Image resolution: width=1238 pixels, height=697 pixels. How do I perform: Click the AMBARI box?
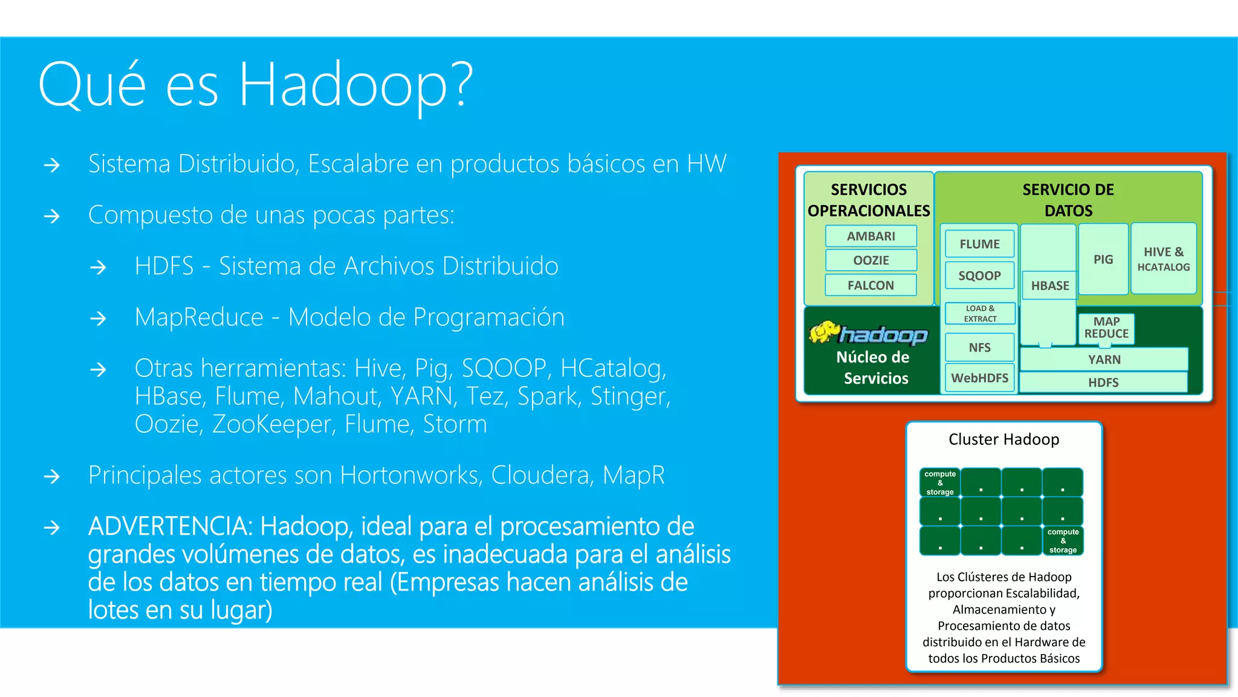click(x=870, y=236)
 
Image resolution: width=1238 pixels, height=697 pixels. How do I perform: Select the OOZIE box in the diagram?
click(x=870, y=260)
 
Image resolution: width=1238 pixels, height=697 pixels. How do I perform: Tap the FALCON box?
click(x=870, y=285)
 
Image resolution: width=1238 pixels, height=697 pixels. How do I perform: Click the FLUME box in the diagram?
click(x=979, y=244)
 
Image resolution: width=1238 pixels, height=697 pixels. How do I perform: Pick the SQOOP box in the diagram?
click(x=979, y=275)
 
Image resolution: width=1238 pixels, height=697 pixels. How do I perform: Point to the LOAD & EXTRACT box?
click(x=979, y=313)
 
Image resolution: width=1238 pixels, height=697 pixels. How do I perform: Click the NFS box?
click(x=979, y=347)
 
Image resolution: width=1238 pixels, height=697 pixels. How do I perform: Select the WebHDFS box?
click(x=979, y=378)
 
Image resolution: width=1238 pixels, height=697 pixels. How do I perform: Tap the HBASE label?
click(x=1050, y=286)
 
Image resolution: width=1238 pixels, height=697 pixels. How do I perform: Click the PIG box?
click(x=1103, y=259)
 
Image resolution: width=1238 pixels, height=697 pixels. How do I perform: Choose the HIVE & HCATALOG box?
click(x=1163, y=259)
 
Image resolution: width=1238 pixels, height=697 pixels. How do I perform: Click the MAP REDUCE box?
click(x=1106, y=328)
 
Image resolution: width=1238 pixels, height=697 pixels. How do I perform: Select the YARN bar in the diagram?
click(x=1104, y=359)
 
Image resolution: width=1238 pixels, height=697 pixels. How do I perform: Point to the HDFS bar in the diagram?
click(x=1103, y=382)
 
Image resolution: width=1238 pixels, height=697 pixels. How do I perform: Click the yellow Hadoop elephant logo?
click(x=823, y=332)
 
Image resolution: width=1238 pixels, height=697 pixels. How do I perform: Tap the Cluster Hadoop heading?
click(x=1003, y=439)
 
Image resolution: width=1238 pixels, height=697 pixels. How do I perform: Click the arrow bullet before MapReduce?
click(x=98, y=318)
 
